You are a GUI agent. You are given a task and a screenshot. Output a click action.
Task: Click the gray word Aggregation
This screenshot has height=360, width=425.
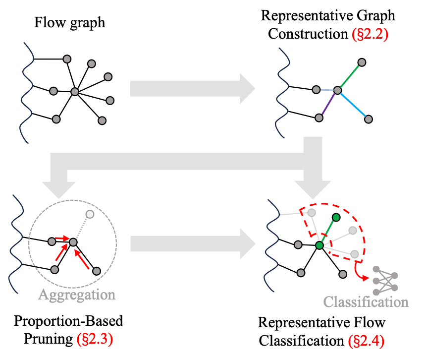pyautogui.click(x=77, y=295)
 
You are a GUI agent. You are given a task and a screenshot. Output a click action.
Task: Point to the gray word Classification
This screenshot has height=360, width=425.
pyautogui.click(x=366, y=302)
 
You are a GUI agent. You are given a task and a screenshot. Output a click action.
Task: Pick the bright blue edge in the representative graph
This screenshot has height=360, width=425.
pyautogui.click(x=353, y=105)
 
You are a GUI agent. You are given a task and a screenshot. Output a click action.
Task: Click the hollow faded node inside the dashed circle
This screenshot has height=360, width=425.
pyautogui.click(x=90, y=214)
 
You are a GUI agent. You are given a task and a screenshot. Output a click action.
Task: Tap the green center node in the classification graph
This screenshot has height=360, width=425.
pyautogui.click(x=319, y=245)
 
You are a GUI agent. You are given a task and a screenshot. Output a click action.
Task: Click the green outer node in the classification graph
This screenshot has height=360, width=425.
pyautogui.click(x=336, y=217)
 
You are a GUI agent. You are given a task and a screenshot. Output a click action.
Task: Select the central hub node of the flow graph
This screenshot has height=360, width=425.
pyautogui.click(x=75, y=92)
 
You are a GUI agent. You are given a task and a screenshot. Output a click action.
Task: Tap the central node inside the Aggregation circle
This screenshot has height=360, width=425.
pyautogui.click(x=73, y=242)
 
